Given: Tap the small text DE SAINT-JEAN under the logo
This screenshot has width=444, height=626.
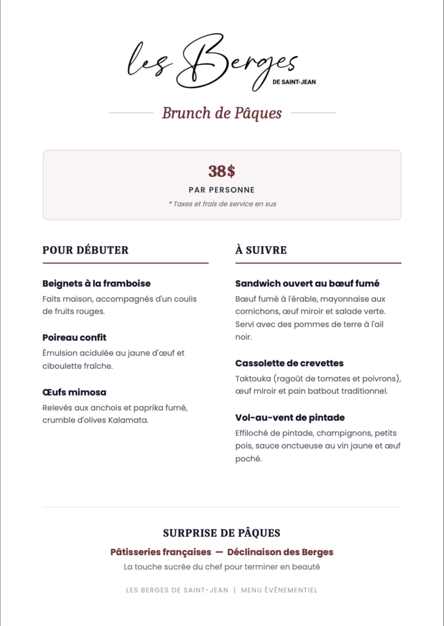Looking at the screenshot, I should [x=295, y=82].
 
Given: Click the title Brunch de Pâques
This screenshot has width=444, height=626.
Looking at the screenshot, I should [x=222, y=113].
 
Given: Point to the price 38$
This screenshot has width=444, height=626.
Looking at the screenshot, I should [x=222, y=171].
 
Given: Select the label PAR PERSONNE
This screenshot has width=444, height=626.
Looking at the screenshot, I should [x=222, y=190].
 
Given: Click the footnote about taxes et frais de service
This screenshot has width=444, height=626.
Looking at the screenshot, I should [x=222, y=204].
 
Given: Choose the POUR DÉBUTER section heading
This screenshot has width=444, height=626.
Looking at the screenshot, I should [x=85, y=250].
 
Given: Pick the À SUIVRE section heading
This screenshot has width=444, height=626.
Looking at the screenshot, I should [x=261, y=250].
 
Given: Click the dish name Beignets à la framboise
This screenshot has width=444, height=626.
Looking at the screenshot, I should [x=96, y=284].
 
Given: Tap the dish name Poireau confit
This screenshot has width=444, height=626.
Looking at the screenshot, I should [x=74, y=337].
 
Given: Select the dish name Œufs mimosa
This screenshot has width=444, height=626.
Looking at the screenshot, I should [x=74, y=392].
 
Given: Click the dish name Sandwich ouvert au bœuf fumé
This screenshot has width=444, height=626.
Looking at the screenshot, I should [x=307, y=284].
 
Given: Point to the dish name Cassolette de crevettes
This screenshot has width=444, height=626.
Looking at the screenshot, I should [x=290, y=363].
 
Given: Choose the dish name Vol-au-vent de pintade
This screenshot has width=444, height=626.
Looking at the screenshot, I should [x=290, y=418].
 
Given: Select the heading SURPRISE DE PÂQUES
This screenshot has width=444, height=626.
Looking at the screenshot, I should [x=222, y=533].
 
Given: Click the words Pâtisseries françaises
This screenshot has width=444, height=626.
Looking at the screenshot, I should [x=160, y=552].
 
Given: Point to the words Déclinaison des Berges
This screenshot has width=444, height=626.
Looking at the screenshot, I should [x=280, y=552].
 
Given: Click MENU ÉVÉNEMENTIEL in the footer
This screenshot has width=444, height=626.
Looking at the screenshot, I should [x=279, y=591].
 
